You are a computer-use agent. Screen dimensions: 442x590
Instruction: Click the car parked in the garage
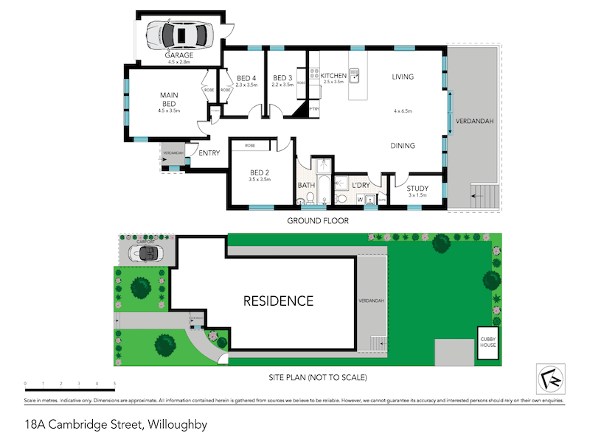coord(178,33)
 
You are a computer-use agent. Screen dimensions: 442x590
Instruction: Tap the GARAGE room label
coord(178,55)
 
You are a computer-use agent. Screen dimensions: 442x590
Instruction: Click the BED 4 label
coord(247,78)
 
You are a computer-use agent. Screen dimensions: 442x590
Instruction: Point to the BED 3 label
coord(283,78)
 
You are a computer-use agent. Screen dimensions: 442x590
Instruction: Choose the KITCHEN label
coord(333,76)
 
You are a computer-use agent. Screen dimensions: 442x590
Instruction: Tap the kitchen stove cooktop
coord(313,74)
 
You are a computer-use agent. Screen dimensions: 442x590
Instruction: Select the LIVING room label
coord(402,77)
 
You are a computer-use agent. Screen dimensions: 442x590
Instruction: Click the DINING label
coord(403,146)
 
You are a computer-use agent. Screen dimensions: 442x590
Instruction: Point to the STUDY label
coord(417,189)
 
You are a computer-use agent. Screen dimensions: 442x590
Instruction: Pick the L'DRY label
coord(360,184)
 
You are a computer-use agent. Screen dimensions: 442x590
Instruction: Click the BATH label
coord(306,185)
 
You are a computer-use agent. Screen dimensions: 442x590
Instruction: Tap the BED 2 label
coord(260,172)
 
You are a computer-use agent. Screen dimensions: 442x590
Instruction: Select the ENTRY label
coord(209,153)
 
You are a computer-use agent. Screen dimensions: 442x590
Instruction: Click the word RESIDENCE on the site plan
coord(279,301)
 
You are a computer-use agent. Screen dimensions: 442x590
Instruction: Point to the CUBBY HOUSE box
coord(488,343)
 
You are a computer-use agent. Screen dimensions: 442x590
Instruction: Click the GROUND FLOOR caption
coord(319,220)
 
